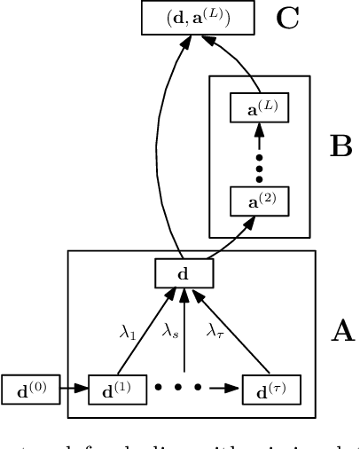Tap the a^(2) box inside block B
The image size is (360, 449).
[x=259, y=201]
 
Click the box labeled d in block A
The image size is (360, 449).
[x=184, y=273]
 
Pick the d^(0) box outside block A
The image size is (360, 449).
[x=30, y=389]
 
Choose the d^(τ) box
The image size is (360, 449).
[x=271, y=389]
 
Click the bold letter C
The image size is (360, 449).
[x=288, y=18]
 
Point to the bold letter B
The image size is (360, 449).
[x=340, y=147]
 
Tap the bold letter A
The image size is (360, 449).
[x=342, y=332]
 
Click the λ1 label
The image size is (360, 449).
[x=129, y=332]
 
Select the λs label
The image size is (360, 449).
[x=171, y=331]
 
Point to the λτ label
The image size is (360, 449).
[x=215, y=331]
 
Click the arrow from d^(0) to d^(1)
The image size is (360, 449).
[x=74, y=389]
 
